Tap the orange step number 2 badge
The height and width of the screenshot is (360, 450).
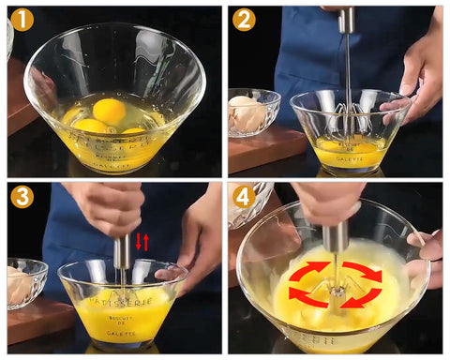[x=244, y=19]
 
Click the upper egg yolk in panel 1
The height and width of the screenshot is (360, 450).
[x=109, y=111]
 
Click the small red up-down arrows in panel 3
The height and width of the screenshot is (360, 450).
[x=142, y=242]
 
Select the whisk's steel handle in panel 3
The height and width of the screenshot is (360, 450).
[x=122, y=253]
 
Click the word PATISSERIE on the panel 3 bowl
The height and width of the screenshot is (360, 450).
[x=122, y=301]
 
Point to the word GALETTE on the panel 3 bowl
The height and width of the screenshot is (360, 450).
[x=123, y=333]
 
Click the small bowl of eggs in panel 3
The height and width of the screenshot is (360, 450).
[x=25, y=281]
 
